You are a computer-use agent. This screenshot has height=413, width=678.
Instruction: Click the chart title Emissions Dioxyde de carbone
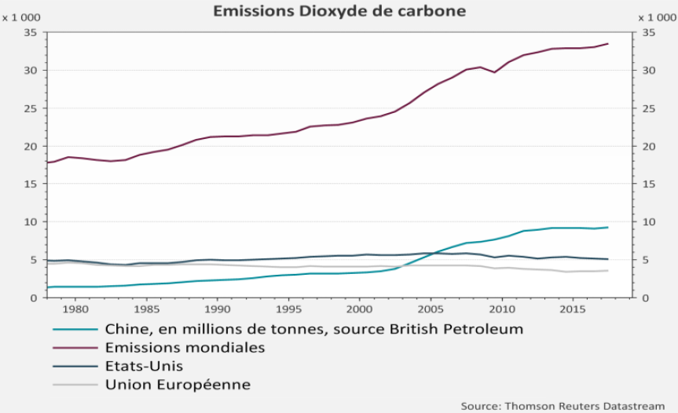[339, 11]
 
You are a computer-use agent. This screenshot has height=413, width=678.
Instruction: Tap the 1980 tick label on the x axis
[75, 309]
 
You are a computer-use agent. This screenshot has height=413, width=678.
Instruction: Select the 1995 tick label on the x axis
[288, 309]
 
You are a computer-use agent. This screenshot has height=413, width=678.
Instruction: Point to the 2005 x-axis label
[431, 309]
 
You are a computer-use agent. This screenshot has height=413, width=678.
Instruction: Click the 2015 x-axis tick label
[573, 309]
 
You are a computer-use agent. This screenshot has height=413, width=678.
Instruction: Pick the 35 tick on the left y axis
[31, 33]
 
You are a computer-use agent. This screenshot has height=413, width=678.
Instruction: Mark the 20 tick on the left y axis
[31, 147]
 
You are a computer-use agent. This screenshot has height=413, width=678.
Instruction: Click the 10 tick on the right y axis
[649, 222]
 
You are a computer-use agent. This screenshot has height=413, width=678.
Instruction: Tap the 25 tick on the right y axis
[649, 108]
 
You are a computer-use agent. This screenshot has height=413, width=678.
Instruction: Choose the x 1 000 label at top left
[21, 18]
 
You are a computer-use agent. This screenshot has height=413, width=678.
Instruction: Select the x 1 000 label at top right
[658, 18]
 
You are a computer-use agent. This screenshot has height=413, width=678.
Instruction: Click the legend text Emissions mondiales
[185, 347]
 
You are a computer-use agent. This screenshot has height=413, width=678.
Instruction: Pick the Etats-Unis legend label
[144, 366]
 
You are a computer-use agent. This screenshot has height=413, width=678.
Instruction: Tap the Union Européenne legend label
[178, 385]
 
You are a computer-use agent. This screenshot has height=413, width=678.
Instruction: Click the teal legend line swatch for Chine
[75, 330]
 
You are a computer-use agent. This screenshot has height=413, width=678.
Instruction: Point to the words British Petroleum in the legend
[456, 329]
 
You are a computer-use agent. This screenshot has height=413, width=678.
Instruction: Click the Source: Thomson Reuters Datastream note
[563, 406]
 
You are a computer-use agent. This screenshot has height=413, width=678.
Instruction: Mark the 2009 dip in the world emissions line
[494, 72]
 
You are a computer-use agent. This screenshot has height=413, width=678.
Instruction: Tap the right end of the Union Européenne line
[608, 271]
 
